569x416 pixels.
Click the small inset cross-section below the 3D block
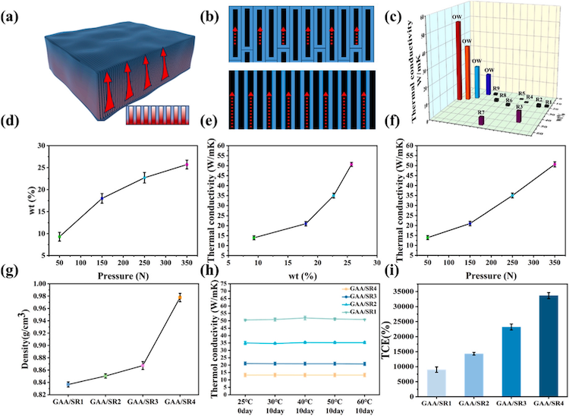coord(152,116)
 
